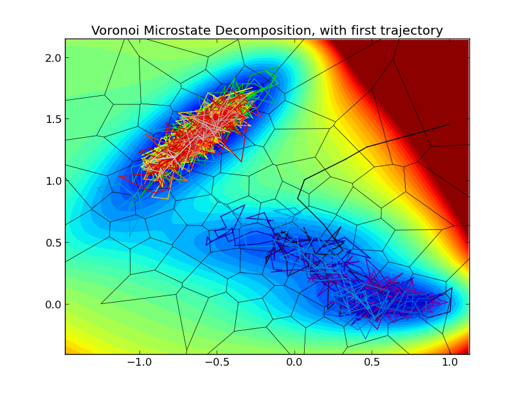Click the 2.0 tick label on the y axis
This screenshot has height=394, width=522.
pos(53,58)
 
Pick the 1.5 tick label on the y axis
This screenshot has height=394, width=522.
pos(53,119)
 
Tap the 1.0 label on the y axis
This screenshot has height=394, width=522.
pos(53,181)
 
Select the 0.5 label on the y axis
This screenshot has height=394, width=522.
pos(53,243)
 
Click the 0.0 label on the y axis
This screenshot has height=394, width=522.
pos(53,305)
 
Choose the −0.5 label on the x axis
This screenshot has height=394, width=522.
pos(217,363)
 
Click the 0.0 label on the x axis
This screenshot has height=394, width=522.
pos(294,363)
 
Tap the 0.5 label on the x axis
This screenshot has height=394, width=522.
pos(372,363)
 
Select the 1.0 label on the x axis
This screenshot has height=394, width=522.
pos(449,363)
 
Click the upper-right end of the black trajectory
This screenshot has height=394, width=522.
pos(448,125)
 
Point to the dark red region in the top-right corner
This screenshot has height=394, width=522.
pos(437,77)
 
